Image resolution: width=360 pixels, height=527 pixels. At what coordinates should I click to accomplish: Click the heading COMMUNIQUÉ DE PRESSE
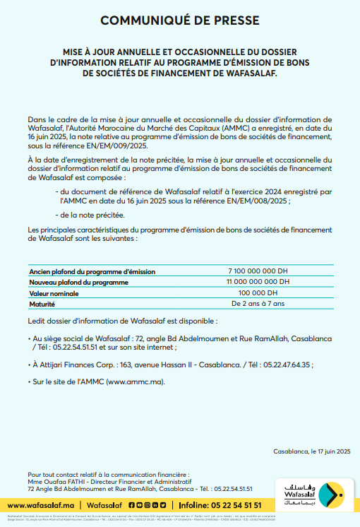coord(179,21)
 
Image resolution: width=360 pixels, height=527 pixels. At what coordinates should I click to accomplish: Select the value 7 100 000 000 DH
coord(258,271)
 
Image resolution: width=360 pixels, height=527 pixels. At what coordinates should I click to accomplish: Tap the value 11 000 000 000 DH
coord(258,282)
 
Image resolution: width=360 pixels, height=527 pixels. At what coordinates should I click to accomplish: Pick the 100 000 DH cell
coord(258,292)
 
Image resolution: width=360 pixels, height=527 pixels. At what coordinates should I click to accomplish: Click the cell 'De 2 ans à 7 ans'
coord(258,303)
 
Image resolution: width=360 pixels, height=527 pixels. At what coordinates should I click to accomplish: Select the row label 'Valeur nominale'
coord(56,292)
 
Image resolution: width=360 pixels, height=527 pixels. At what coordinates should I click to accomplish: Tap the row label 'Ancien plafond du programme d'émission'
coord(92,271)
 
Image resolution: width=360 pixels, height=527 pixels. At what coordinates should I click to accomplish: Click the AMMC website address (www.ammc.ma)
coord(133,381)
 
